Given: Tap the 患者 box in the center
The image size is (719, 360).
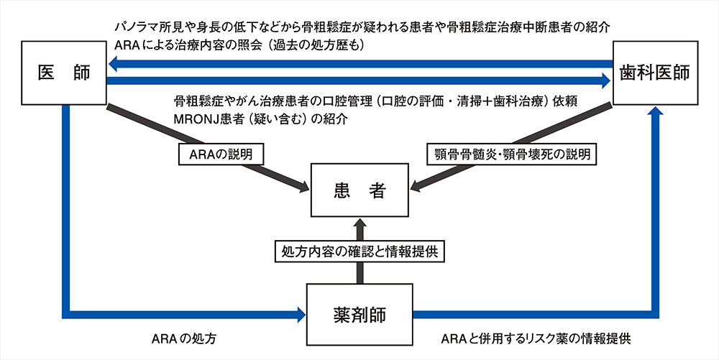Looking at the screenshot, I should [359, 190].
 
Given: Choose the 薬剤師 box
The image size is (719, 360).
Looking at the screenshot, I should [359, 313].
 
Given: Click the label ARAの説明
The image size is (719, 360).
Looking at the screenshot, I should [220, 153].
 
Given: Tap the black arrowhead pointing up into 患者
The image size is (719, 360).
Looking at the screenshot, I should [359, 224].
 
